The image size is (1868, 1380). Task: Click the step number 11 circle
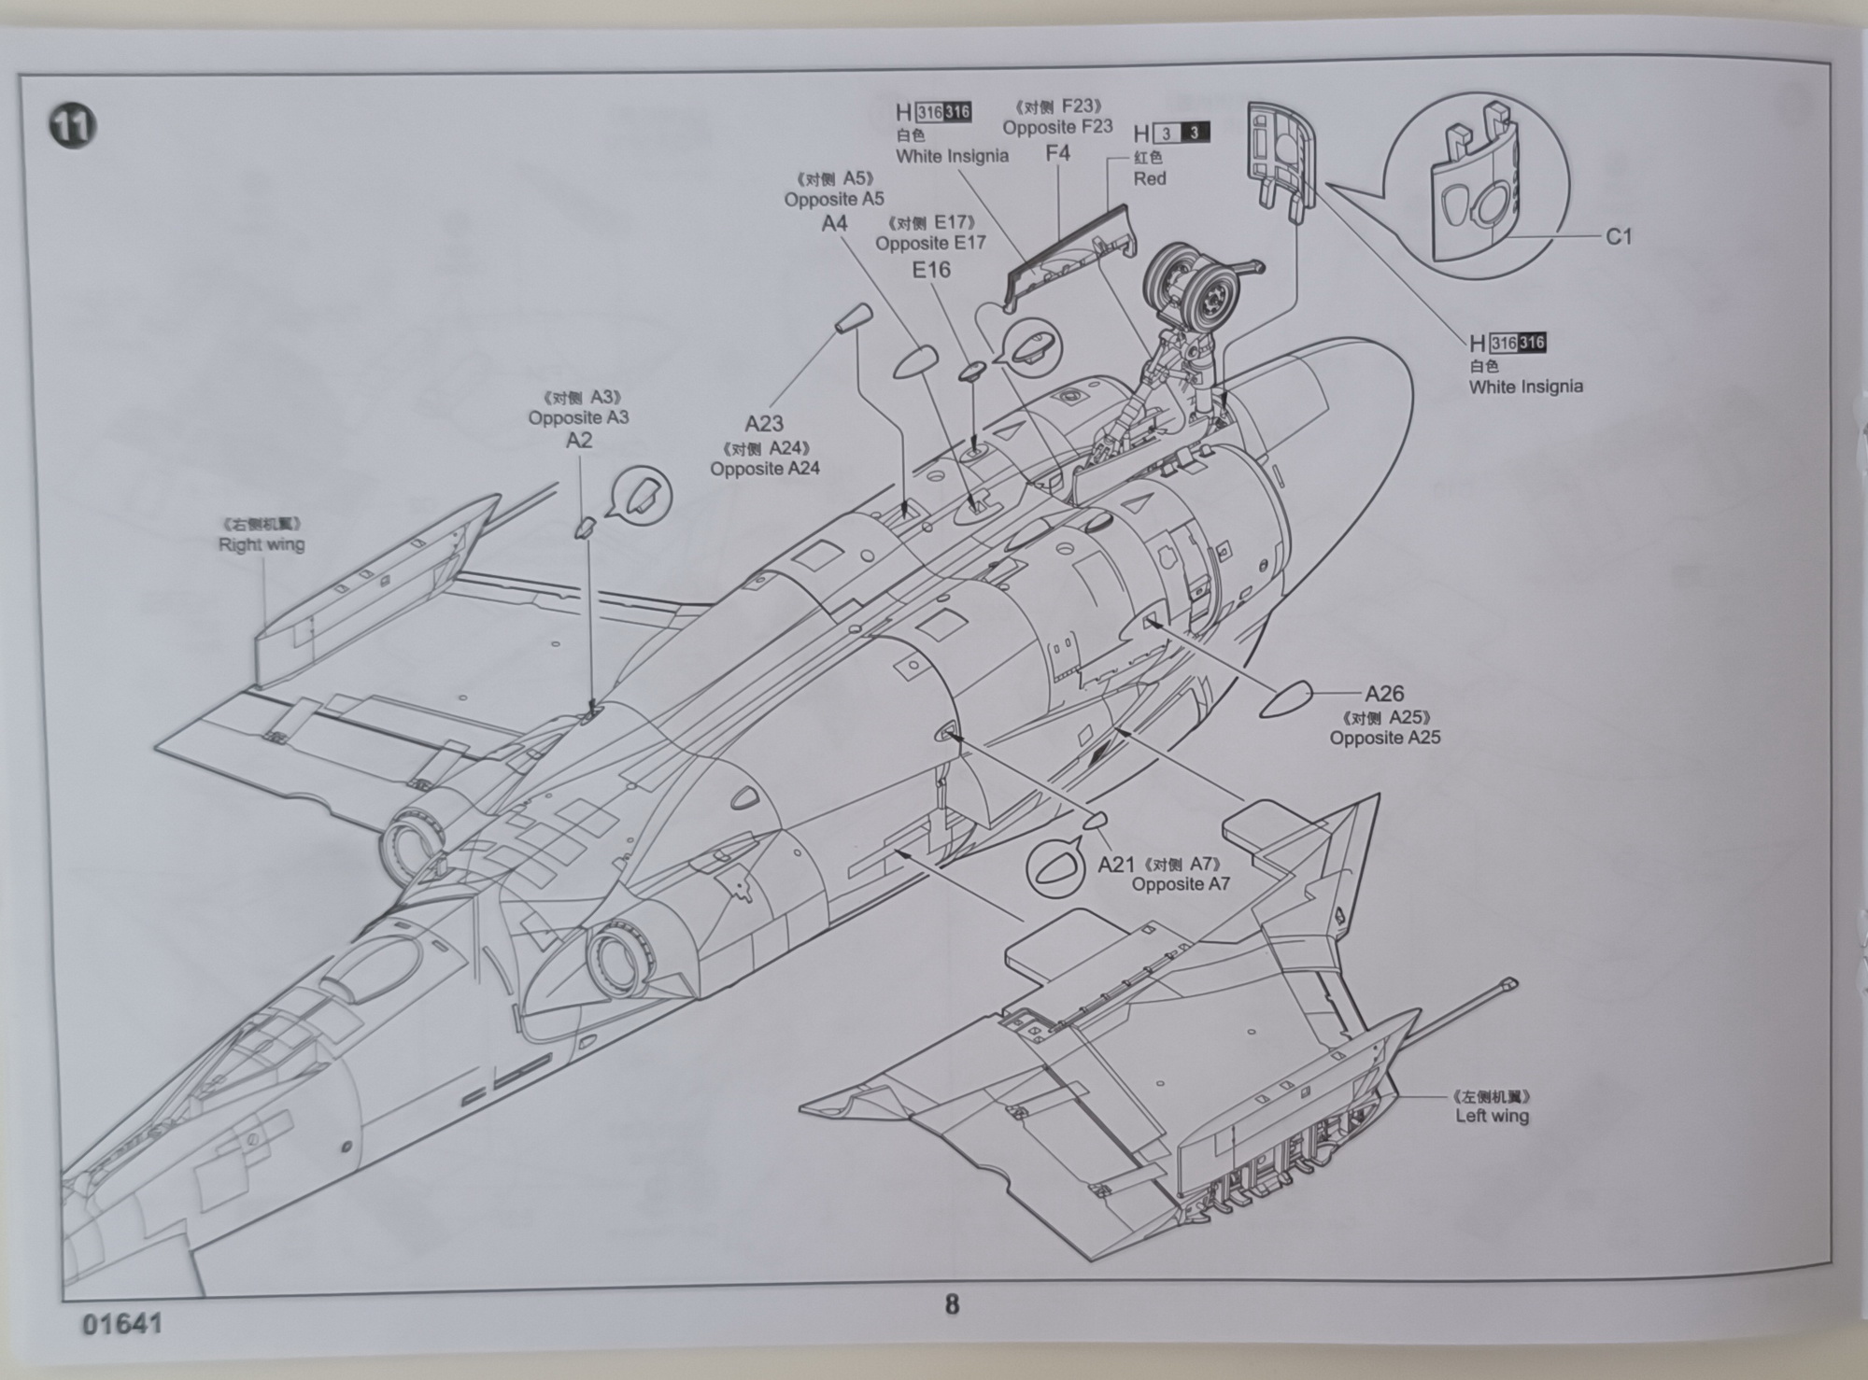click(72, 126)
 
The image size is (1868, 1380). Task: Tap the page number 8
click(952, 1303)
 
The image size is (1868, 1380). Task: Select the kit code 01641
click(121, 1324)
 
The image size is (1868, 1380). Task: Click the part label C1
click(1619, 237)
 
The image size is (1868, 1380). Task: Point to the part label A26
click(1383, 694)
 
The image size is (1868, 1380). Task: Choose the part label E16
click(930, 270)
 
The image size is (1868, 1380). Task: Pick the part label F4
click(1056, 152)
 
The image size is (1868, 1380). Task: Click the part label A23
click(763, 424)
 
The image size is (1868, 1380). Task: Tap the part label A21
click(1115, 865)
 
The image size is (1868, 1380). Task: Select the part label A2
click(579, 440)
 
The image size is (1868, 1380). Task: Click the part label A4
click(834, 223)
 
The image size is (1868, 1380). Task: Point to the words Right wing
click(262, 544)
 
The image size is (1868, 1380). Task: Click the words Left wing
click(1492, 1116)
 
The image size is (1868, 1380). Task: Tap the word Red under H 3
click(1150, 178)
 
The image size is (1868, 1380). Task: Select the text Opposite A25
click(1385, 738)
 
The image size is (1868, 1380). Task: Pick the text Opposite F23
click(1057, 127)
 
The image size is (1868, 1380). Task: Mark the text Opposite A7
click(1181, 884)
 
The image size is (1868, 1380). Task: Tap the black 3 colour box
click(1194, 134)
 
